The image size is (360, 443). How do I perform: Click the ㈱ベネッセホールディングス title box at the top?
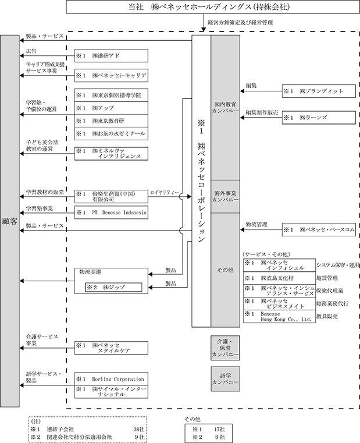pos(209,7)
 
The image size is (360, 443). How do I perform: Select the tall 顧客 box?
pos(10,221)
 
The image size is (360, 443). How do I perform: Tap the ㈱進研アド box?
pos(111,56)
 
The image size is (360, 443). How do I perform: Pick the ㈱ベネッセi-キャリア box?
pos(111,76)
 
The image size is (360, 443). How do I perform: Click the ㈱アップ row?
pos(111,108)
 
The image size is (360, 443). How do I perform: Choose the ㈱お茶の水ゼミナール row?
pos(111,133)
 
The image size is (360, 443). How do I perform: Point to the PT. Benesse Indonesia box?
pos(111,212)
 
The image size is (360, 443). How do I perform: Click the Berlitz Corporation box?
pos(111,379)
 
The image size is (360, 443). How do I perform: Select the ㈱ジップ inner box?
pos(114,288)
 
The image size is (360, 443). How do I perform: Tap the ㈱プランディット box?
pos(319,91)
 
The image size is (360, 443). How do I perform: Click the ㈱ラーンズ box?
pos(319,117)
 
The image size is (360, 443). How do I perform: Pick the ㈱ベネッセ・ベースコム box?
pos(319,230)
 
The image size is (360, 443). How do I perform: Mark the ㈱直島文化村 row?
pos(280,278)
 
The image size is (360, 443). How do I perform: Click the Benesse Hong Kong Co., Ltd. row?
pos(280,317)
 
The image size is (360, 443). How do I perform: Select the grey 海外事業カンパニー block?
pos(225,196)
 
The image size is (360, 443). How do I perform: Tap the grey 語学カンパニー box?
pos(225,379)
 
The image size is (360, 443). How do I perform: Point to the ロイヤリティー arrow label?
pos(165,193)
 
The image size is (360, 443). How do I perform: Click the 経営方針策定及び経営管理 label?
pos(240,22)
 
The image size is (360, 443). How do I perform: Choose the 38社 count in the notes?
pos(139,429)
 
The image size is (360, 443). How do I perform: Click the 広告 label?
pos(31,51)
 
